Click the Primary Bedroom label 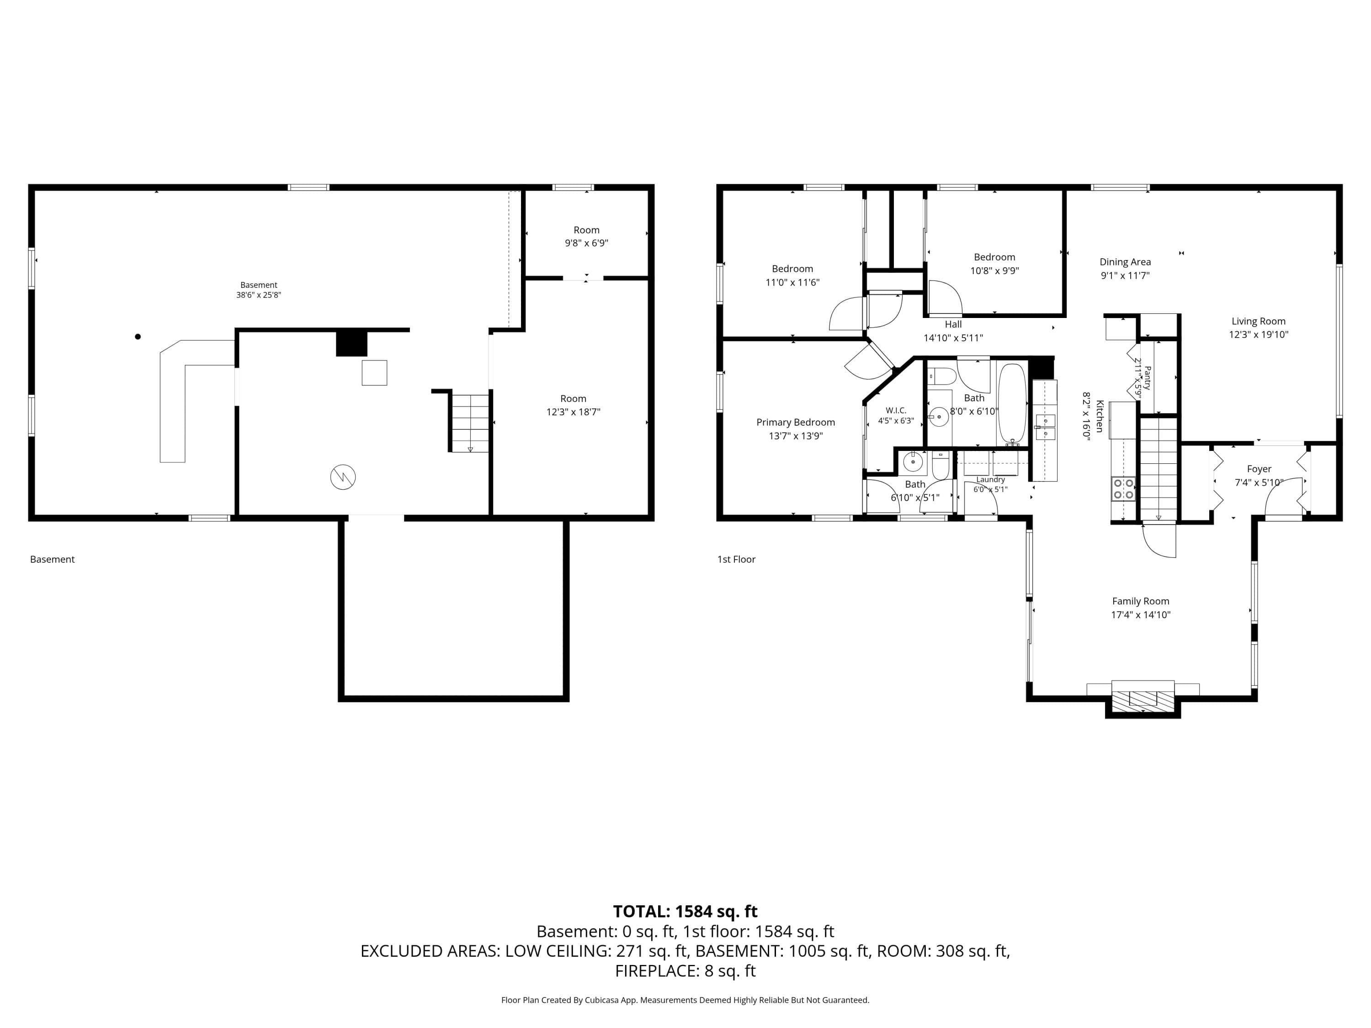(795, 423)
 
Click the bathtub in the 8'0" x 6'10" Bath (1012, 403)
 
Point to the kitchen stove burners (1123, 489)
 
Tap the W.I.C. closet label (896, 410)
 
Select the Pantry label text (1147, 377)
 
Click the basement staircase (470, 423)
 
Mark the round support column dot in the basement (138, 336)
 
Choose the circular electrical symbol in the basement (343, 477)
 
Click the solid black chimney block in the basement (351, 344)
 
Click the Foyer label (1259, 469)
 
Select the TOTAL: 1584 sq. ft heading (685, 911)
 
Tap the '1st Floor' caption (736, 560)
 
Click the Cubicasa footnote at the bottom (685, 1000)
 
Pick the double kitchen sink (1045, 427)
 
